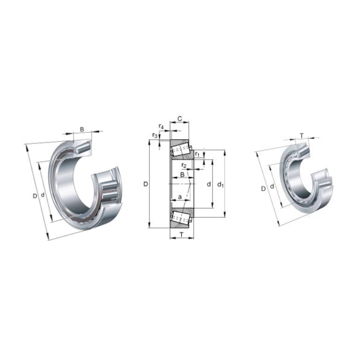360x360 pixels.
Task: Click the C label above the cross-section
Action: pyautogui.click(x=180, y=118)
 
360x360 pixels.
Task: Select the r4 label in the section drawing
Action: pyautogui.click(x=161, y=126)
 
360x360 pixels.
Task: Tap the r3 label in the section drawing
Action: pyautogui.click(x=155, y=135)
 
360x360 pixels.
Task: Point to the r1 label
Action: pyautogui.click(x=197, y=154)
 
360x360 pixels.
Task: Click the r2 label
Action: pyautogui.click(x=184, y=165)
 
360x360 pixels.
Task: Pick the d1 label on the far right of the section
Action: pyautogui.click(x=220, y=184)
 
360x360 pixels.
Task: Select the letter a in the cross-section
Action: pyautogui.click(x=180, y=197)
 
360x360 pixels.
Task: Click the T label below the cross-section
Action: pyautogui.click(x=182, y=234)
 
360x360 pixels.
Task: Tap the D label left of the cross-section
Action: pyautogui.click(x=146, y=184)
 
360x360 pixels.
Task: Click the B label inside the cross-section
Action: pyautogui.click(x=182, y=175)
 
